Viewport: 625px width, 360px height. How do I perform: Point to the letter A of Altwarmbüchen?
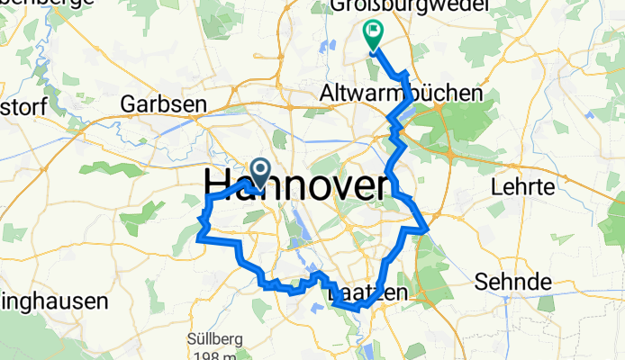click(x=329, y=94)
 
